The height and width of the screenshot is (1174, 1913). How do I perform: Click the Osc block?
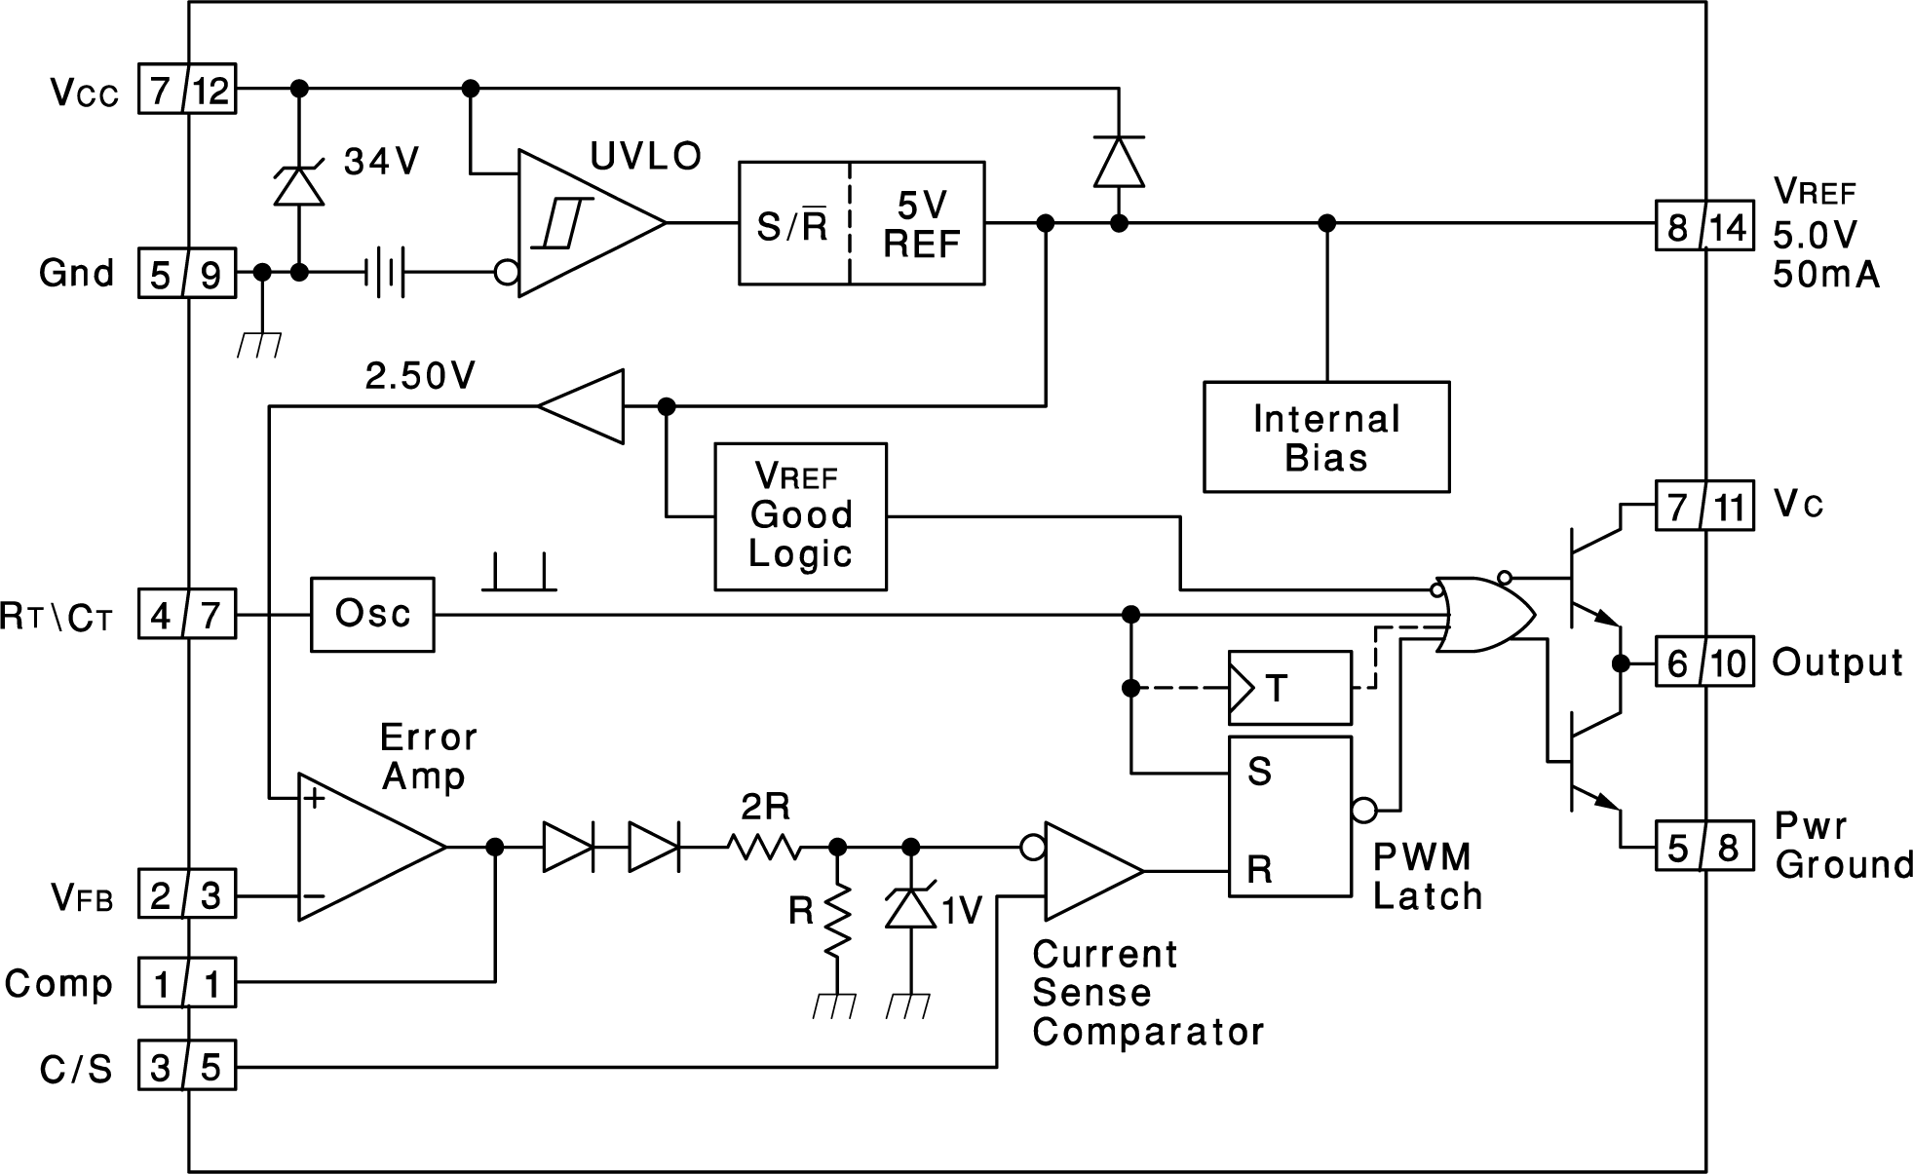click(372, 615)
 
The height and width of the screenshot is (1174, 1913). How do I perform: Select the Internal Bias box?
click(1325, 436)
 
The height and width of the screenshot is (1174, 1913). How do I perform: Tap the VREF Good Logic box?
click(800, 516)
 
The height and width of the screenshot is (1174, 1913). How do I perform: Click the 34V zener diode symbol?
click(299, 185)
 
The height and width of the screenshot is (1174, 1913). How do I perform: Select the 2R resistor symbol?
click(765, 848)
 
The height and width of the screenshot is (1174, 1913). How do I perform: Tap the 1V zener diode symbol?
click(910, 906)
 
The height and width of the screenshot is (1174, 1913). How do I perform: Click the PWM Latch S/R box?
click(1289, 816)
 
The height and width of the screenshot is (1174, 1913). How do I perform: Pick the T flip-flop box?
click(1289, 688)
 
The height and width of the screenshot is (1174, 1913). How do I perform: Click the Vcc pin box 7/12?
click(186, 90)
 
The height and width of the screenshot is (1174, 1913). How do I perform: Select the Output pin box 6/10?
click(1704, 663)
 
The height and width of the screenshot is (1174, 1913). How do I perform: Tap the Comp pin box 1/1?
click(186, 983)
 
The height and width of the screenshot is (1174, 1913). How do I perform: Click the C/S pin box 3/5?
click(186, 1067)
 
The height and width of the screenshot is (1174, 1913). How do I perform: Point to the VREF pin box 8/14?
click(1704, 226)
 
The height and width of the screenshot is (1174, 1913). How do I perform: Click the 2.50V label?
click(420, 376)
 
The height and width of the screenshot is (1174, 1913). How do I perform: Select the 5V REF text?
click(920, 224)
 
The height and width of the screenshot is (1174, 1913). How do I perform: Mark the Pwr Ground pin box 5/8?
click(1704, 846)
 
